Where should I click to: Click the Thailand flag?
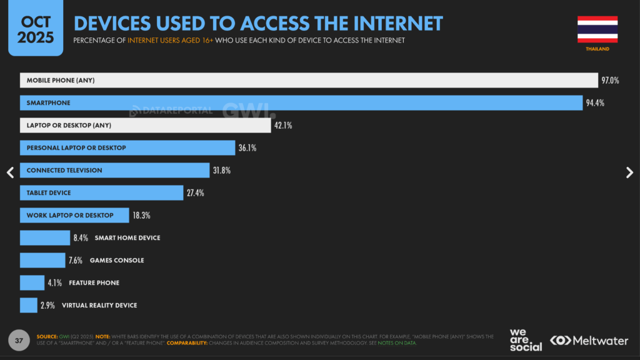[x=597, y=29]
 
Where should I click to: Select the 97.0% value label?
[x=610, y=81]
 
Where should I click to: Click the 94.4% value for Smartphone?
[x=595, y=103]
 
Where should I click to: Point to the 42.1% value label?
[x=282, y=126]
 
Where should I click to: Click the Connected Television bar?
[x=114, y=170]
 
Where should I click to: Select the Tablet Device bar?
[x=101, y=192]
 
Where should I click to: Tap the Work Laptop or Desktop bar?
[x=74, y=215]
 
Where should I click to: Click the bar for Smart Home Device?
[x=45, y=237]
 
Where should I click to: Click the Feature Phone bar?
[x=32, y=282]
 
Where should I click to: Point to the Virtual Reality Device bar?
[x=29, y=305]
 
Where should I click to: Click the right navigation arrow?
[x=629, y=173]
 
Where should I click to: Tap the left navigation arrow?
[x=10, y=173]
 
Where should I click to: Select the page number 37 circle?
[x=19, y=341]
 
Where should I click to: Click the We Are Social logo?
[x=526, y=340]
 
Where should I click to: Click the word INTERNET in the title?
[x=401, y=24]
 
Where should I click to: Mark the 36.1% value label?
[x=247, y=148]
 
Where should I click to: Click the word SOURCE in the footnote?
[x=48, y=336]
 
